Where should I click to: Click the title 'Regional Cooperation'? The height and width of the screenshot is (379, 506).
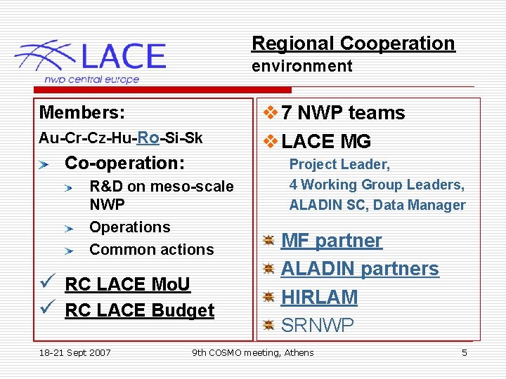[x=353, y=44]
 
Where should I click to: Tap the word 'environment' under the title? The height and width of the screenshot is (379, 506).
[x=302, y=67]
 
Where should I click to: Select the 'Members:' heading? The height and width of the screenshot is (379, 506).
[x=82, y=113]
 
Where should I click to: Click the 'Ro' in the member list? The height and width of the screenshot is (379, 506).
[x=148, y=138]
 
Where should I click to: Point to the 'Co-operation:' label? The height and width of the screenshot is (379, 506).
[x=124, y=163]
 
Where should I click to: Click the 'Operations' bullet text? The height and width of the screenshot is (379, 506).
[x=130, y=227]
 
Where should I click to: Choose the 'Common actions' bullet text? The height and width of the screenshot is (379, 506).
[x=151, y=249]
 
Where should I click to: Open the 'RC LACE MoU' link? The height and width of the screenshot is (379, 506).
[x=127, y=284]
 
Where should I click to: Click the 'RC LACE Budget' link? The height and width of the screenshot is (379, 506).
[x=139, y=310]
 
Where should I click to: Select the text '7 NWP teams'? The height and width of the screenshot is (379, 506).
[x=343, y=113]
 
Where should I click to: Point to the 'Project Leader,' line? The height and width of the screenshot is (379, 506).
[x=339, y=164]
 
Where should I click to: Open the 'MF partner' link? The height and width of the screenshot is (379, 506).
[x=332, y=241]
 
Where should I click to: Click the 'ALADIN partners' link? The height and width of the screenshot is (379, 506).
[x=360, y=269]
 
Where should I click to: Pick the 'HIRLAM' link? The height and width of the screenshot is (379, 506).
[x=319, y=297]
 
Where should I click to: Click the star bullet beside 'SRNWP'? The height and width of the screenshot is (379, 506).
[x=268, y=326]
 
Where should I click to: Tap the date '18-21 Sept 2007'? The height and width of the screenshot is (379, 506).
[x=75, y=352]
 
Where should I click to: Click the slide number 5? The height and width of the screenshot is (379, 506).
[x=464, y=352]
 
